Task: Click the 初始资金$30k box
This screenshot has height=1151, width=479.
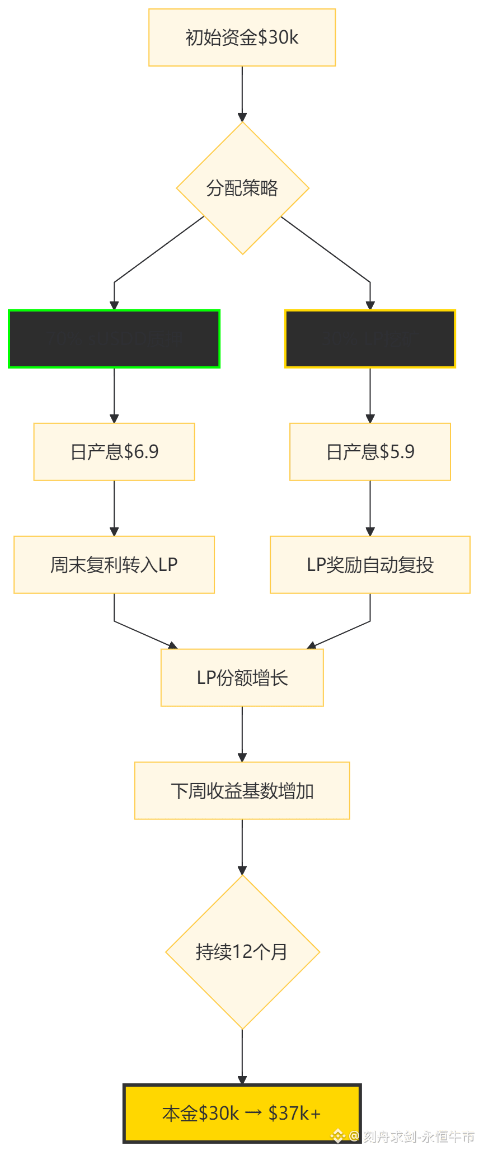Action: (242, 37)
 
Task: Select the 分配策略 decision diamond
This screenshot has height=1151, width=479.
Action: (242, 188)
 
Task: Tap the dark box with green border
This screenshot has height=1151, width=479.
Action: (114, 338)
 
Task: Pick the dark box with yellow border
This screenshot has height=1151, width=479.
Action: (370, 338)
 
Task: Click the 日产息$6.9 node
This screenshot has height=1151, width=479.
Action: (114, 451)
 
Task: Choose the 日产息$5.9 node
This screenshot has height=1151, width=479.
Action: (370, 451)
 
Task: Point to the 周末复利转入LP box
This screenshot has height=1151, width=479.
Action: (114, 564)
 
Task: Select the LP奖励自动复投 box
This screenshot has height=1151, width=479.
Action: (370, 564)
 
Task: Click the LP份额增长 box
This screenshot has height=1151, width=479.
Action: (242, 677)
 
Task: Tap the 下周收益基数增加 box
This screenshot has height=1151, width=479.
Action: (242, 790)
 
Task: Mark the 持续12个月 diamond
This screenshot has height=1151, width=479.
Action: (242, 951)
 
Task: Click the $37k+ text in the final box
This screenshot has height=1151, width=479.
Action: (294, 1113)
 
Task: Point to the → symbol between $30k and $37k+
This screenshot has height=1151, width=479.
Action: (253, 1113)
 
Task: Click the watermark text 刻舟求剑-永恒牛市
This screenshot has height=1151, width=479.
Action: (418, 1136)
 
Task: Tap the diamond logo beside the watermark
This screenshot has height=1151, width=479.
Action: (337, 1136)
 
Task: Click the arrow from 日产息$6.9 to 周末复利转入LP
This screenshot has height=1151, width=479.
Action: (114, 507)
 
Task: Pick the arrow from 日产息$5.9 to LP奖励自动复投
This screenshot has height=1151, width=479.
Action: (370, 507)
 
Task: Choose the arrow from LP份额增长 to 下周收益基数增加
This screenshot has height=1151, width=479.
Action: (242, 733)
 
